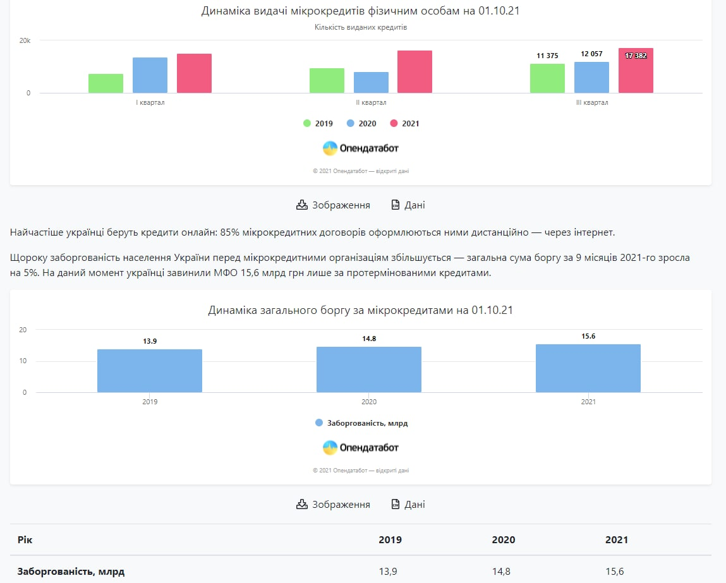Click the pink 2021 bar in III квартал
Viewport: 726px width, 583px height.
click(636, 71)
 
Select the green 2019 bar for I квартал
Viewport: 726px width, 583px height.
click(106, 83)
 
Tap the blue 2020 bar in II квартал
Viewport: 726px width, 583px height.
click(371, 83)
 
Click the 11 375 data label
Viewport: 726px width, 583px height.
click(547, 56)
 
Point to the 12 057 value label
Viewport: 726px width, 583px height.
click(591, 54)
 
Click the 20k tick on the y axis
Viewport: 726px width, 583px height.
click(25, 40)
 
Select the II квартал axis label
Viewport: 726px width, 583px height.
click(371, 102)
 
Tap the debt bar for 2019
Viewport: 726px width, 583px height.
click(150, 371)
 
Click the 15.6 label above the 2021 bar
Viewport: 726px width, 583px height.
click(588, 336)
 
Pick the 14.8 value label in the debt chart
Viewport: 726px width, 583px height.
click(369, 339)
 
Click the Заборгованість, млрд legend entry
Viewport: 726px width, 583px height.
click(361, 423)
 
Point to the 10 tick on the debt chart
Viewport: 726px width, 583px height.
click(23, 361)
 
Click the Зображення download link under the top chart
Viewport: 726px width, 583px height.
click(334, 205)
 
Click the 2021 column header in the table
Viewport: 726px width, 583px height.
click(617, 540)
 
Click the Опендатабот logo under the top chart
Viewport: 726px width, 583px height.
click(361, 148)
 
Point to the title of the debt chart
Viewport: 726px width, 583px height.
click(360, 311)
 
